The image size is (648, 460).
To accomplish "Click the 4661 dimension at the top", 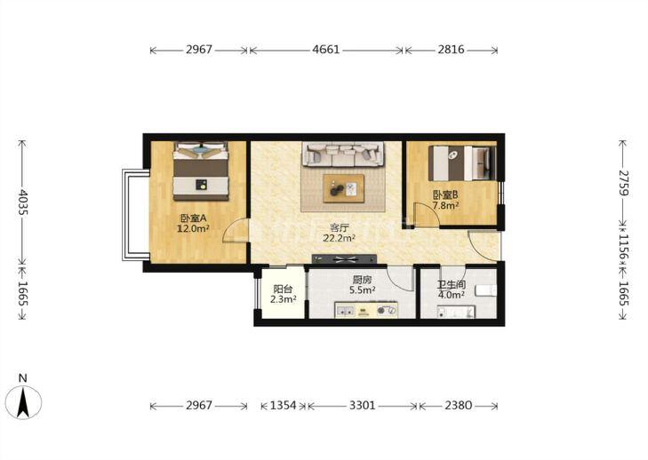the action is coord(326,50).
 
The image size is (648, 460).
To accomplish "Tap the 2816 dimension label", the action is coord(452,50).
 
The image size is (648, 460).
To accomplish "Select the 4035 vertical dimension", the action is coord(22,202).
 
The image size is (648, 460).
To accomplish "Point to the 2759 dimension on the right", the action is coord(624,183).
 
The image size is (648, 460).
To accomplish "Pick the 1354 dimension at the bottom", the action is coord(284,406).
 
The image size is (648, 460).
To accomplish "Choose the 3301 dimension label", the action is coord(363,406).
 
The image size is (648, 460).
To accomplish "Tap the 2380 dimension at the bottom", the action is coord(459,406).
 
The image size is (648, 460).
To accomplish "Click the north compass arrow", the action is coord(23,401).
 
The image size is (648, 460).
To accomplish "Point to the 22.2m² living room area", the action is coord(340,238).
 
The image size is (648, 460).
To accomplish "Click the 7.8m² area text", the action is coord(445,205).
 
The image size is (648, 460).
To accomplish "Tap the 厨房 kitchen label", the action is coord(363,280).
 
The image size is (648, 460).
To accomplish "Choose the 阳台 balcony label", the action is coord(283,289).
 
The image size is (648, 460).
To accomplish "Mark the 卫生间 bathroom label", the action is coord(452,284).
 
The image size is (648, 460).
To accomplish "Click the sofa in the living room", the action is coord(342,154).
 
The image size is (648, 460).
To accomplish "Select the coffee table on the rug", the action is coord(344,189).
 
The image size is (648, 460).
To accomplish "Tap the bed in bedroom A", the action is coord(201,171).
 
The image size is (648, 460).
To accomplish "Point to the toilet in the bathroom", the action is coord(486,290).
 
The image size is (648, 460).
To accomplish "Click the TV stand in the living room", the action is coord(344,259).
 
